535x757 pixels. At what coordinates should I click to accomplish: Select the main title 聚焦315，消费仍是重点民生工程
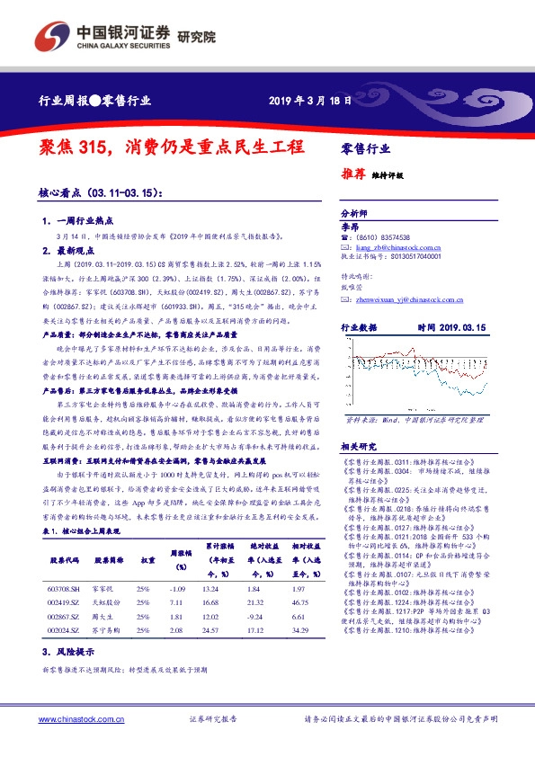(x=172, y=147)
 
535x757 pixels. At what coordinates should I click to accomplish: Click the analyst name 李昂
(x=349, y=227)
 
